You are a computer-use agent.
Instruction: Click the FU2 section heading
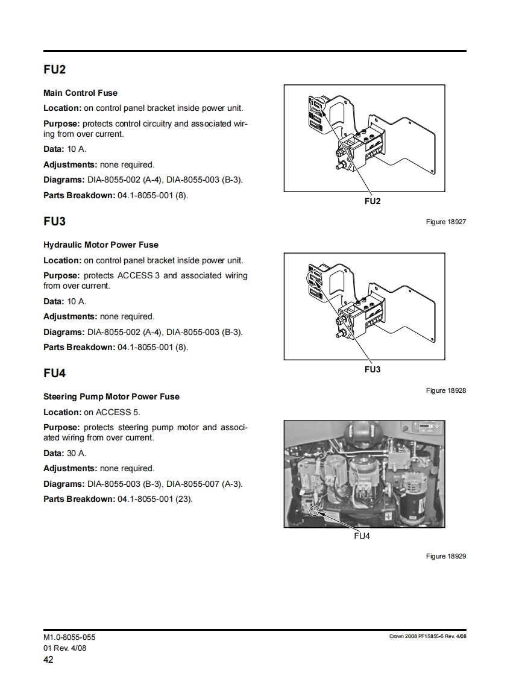pyautogui.click(x=54, y=69)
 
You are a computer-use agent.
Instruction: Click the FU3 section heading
pyautogui.click(x=54, y=221)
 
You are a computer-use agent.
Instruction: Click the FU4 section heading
pyautogui.click(x=54, y=373)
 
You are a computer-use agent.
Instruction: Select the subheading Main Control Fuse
pyautogui.click(x=80, y=93)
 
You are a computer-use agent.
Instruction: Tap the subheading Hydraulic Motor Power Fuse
pyautogui.click(x=101, y=245)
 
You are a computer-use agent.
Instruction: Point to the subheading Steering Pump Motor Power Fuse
pyautogui.click(x=111, y=396)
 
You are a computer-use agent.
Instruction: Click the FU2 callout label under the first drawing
pyautogui.click(x=372, y=201)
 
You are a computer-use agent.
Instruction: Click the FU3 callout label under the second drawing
pyautogui.click(x=372, y=369)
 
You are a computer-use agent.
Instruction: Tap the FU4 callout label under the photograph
pyautogui.click(x=361, y=536)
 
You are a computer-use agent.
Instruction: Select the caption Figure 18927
pyautogui.click(x=445, y=222)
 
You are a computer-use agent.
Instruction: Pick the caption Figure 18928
pyautogui.click(x=445, y=390)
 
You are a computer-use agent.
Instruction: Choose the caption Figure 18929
pyautogui.click(x=445, y=556)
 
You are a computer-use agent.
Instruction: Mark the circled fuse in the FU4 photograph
pyautogui.click(x=314, y=511)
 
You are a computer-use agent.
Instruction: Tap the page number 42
pyautogui.click(x=48, y=660)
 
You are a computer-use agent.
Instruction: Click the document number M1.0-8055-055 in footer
pyautogui.click(x=69, y=637)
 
